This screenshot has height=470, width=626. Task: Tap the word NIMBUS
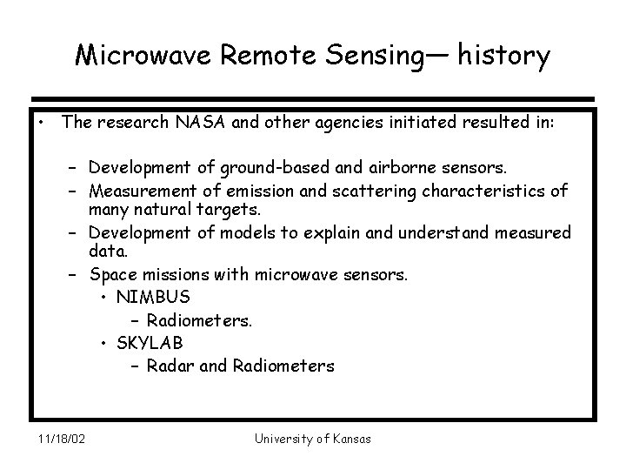(153, 298)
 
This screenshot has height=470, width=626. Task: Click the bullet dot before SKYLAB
(104, 343)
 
